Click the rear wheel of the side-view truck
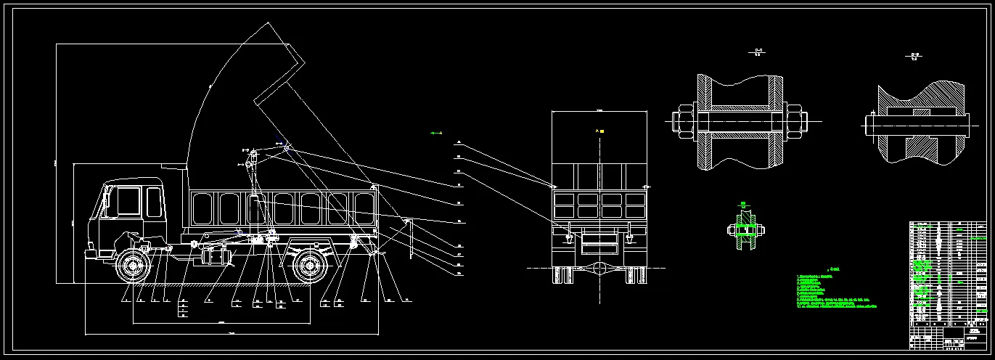(x=311, y=266)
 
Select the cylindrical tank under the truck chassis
(x=216, y=256)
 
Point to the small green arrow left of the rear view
(x=435, y=134)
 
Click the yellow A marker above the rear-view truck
(x=599, y=131)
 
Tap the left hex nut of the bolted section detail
(x=683, y=120)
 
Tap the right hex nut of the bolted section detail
(x=795, y=120)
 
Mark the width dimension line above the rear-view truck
(x=599, y=111)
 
